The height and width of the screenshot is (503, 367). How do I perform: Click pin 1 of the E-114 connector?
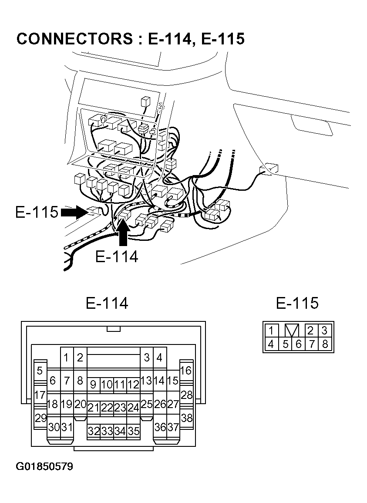66,358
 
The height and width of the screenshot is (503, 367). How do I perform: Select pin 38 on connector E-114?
186,418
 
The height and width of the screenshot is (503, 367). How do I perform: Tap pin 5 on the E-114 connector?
40,371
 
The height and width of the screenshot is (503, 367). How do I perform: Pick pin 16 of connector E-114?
186,371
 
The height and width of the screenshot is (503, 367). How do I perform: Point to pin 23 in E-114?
120,408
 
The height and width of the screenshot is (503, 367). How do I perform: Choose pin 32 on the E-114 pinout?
94,431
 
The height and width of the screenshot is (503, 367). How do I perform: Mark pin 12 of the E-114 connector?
133,385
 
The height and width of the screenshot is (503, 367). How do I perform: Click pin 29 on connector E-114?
40,418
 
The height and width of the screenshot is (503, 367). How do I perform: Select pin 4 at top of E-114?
160,358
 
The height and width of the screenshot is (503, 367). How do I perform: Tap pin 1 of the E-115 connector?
271,330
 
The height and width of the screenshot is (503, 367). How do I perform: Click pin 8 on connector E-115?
325,344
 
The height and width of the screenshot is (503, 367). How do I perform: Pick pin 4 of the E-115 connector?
271,344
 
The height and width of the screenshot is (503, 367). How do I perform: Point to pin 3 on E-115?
325,330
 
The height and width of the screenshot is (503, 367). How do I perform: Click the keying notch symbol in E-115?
292,330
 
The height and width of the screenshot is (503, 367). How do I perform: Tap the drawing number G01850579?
45,467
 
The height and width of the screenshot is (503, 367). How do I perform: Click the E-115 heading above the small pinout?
297,303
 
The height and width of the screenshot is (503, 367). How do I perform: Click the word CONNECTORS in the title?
74,39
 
